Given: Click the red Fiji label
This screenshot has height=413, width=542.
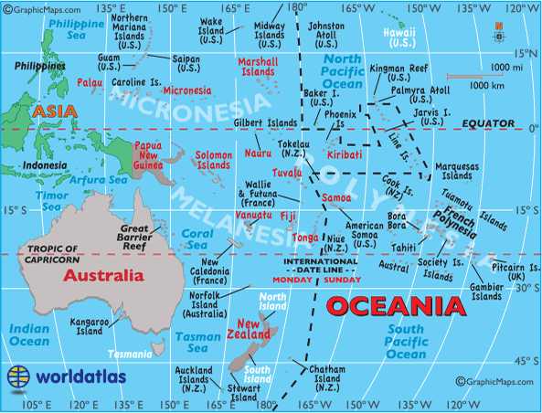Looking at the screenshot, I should tap(287, 217).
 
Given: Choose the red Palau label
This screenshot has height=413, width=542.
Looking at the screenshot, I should tap(90, 81).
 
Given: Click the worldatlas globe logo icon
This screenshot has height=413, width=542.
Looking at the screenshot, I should tap(18, 376).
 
